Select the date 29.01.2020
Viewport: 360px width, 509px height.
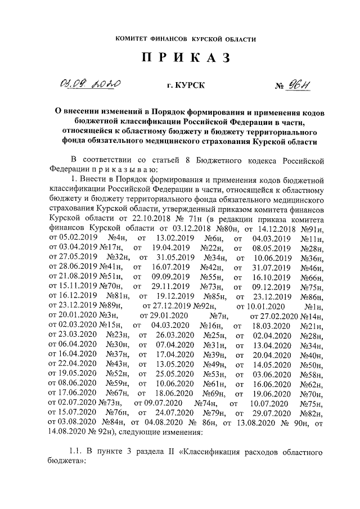point(167,315)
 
